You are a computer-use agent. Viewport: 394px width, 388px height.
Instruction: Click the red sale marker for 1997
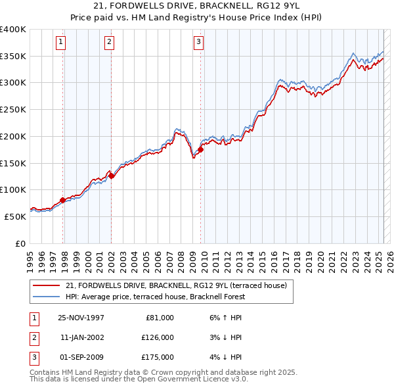coord(63,200)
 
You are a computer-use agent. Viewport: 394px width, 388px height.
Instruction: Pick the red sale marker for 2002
coord(112,176)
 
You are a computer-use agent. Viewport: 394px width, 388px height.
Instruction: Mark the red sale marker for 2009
coord(200,150)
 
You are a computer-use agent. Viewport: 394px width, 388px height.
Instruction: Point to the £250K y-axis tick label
coord(13,110)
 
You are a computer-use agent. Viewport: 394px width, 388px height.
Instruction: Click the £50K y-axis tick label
coord(15,216)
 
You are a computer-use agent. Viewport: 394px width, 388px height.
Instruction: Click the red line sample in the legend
coord(47,286)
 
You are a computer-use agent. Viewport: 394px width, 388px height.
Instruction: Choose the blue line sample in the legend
coord(47,297)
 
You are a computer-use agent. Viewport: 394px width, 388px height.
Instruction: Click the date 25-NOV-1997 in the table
coord(81,318)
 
